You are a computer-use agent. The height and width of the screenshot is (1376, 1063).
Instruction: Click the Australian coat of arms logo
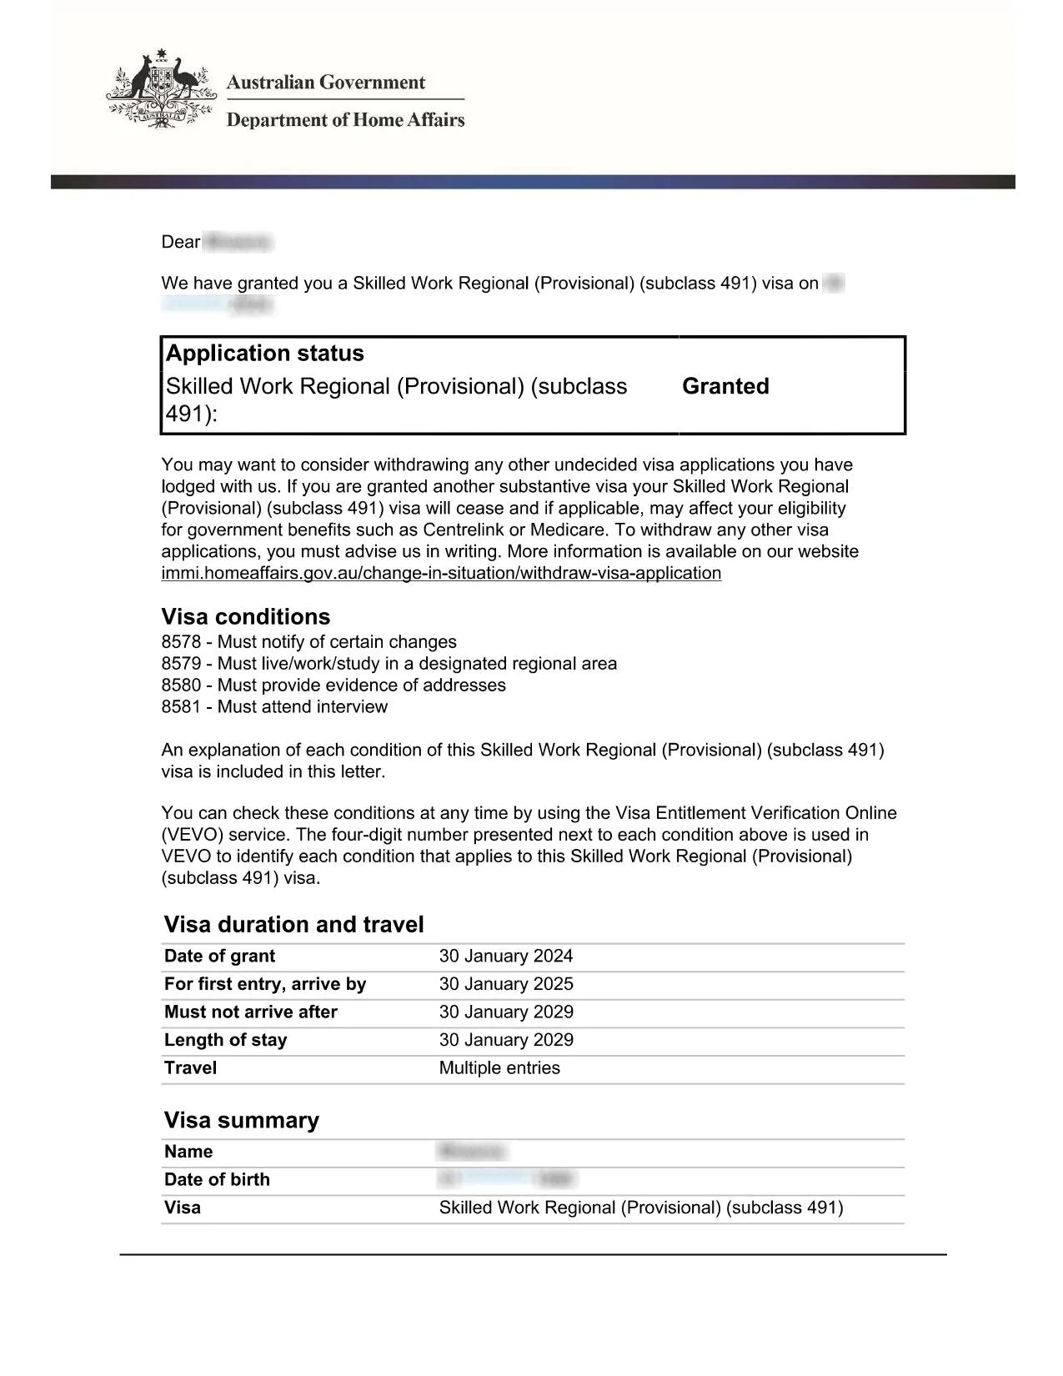160,89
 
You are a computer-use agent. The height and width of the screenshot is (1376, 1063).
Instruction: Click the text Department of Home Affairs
345,120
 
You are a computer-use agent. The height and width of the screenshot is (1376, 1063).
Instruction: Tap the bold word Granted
725,386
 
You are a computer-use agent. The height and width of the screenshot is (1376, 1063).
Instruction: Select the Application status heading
265,354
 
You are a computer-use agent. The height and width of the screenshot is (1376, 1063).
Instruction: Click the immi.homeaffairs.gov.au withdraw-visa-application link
441,574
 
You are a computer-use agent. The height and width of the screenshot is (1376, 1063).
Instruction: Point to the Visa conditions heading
246,617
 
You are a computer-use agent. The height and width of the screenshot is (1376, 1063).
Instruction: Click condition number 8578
182,642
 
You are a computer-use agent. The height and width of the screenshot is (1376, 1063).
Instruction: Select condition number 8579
182,664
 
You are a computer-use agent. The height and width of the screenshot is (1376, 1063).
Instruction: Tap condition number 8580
182,685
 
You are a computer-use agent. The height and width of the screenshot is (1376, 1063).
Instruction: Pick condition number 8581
182,707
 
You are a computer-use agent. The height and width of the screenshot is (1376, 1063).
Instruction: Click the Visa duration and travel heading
293,925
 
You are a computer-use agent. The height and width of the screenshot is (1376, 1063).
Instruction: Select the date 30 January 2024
506,957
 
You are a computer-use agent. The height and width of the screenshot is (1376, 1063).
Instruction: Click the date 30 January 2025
506,984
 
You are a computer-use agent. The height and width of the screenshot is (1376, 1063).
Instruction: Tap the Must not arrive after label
251,1012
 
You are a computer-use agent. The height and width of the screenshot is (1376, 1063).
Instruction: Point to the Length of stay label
226,1040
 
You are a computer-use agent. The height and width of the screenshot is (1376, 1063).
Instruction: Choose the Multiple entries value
499,1068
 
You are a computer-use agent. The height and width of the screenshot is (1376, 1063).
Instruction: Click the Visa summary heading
242,1121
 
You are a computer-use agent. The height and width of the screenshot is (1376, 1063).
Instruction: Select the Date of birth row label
217,1180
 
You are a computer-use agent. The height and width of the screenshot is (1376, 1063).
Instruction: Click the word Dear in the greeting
181,243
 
